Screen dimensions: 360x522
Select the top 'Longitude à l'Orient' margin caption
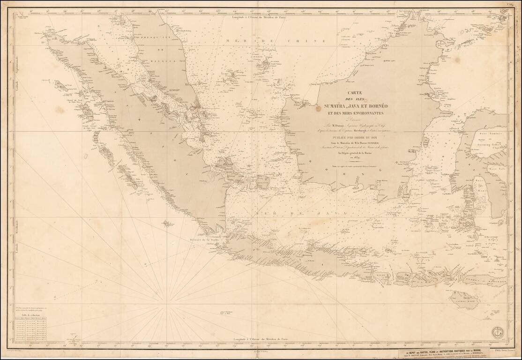click(x=261, y=17)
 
